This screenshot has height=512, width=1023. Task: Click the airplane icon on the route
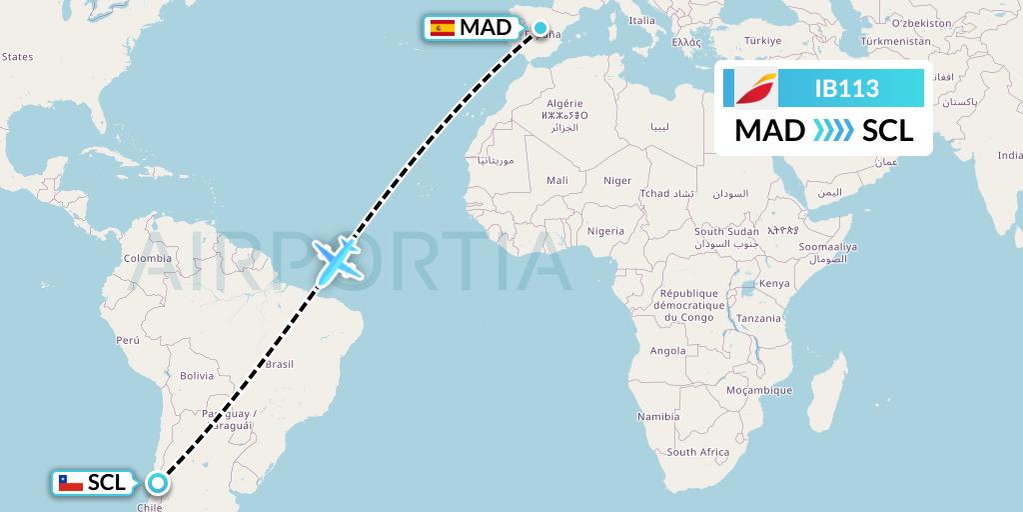coord(337,260)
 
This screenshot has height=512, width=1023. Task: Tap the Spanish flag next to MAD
coord(442,28)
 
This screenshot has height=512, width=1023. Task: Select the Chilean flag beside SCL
coord(69,483)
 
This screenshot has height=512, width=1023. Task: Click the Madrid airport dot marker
coord(540,28)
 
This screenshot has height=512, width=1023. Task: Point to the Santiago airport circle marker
coord(157,483)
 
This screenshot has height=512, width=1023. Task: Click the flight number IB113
coord(847,89)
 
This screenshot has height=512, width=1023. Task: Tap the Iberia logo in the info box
coord(755,89)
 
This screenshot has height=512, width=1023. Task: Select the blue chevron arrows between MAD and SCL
coord(833,131)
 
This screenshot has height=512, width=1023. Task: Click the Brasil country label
coord(279,364)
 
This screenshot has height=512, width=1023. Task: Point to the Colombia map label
coord(148,258)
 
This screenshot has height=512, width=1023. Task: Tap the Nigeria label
coord(605,231)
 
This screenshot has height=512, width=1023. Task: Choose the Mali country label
coord(556,180)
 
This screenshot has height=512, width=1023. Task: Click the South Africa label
coord(697,452)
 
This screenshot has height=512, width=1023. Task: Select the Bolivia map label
coord(197,376)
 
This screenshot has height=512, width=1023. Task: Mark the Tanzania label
coord(760,318)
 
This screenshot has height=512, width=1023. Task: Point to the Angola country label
coord(667,351)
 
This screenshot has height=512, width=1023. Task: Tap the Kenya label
coord(773,283)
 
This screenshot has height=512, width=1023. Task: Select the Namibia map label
coord(657,415)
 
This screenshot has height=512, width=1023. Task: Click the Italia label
coord(641,20)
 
